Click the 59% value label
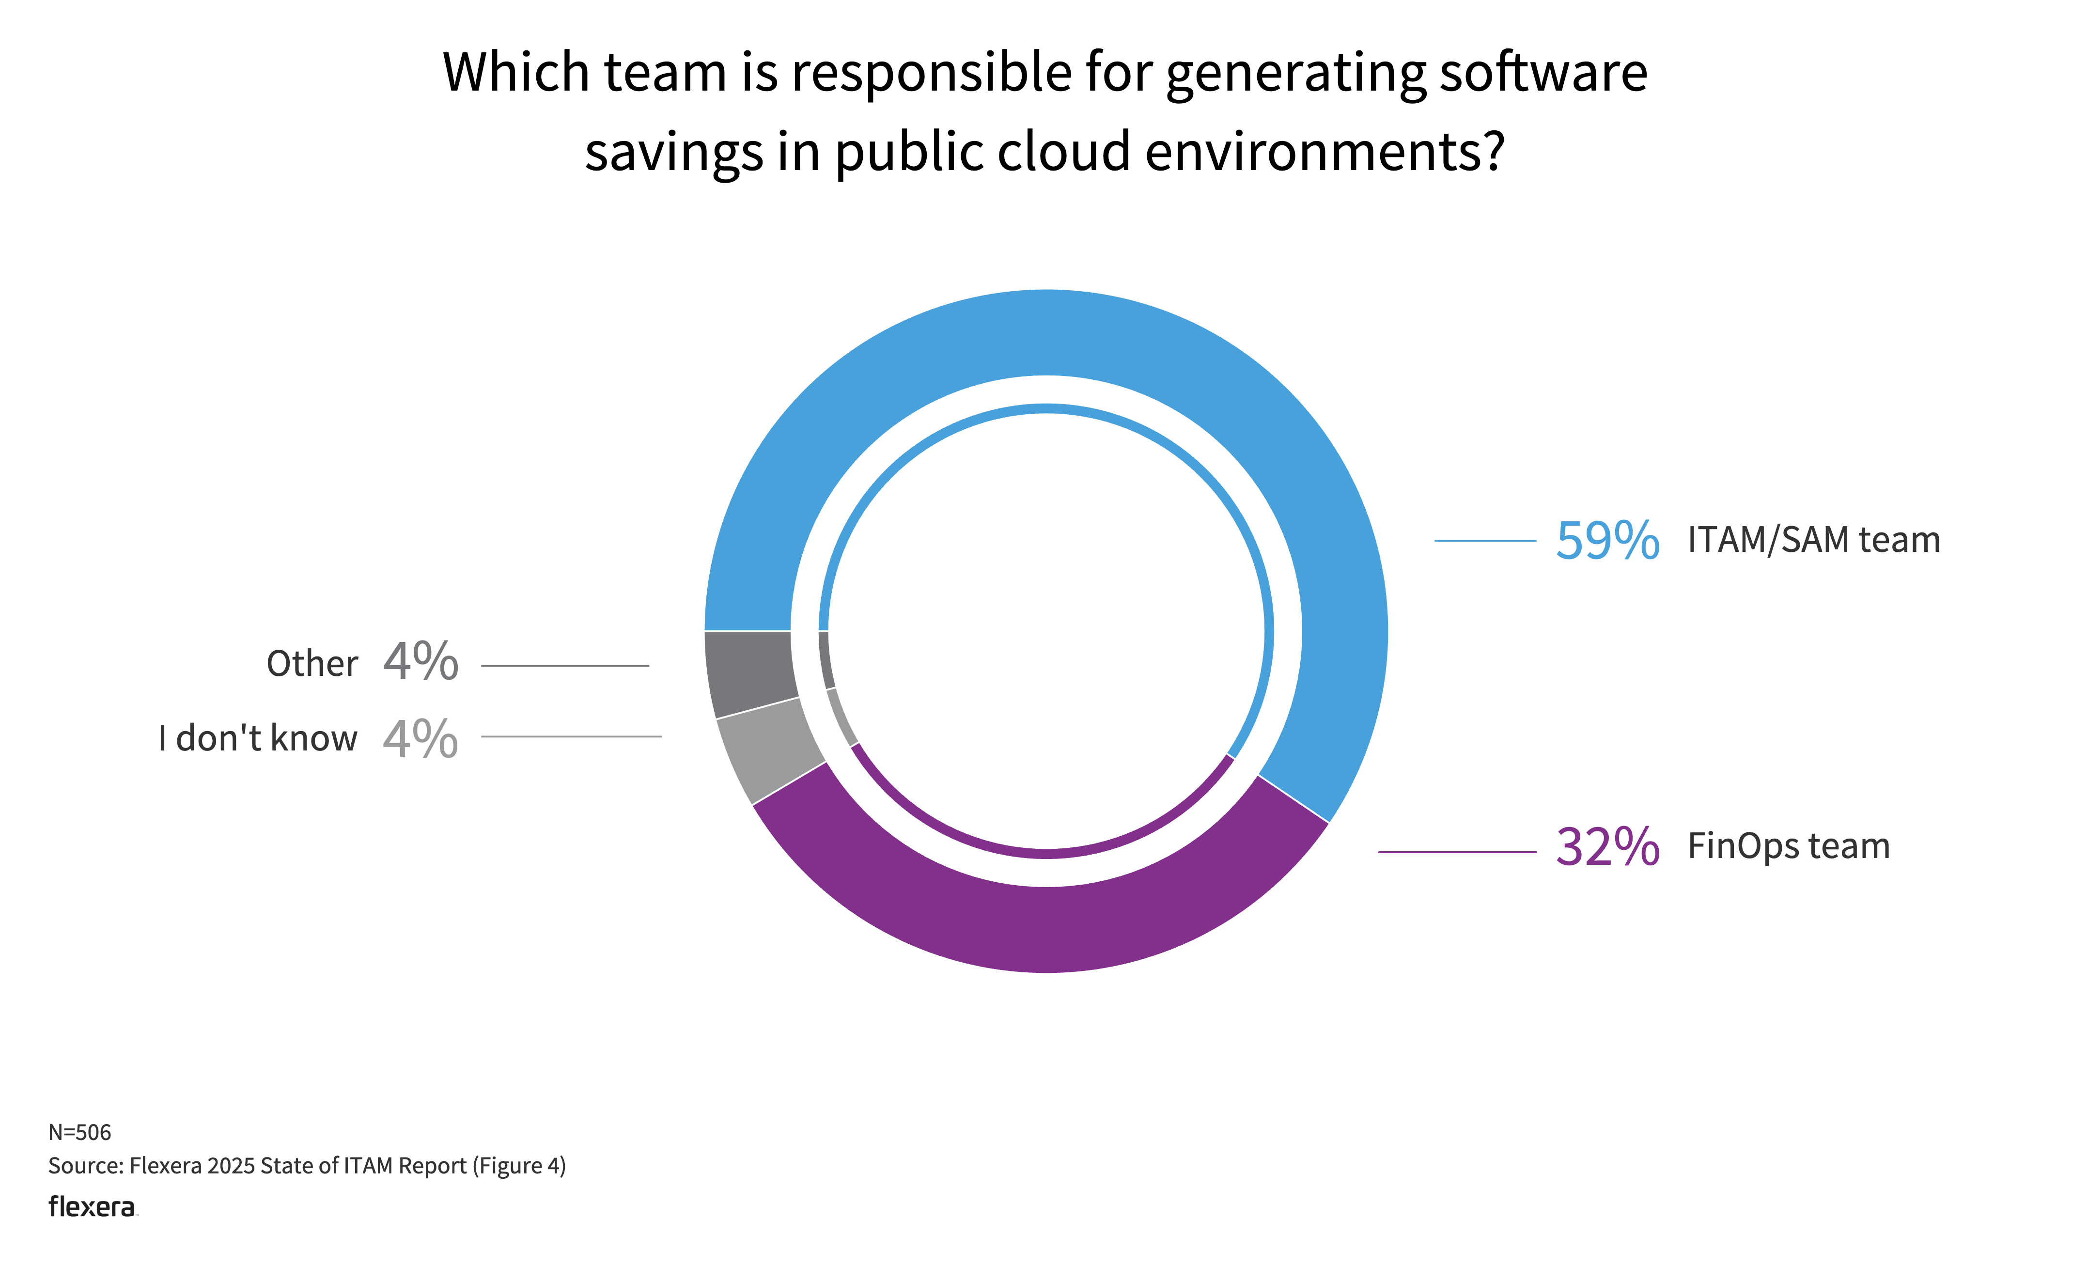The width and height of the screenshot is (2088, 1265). coord(1606,541)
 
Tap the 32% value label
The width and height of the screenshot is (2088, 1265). coord(1606,846)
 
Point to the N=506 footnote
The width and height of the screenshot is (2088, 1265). coord(79,1132)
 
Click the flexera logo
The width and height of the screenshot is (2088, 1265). coord(92,1206)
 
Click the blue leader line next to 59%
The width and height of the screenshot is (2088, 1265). coord(1485,541)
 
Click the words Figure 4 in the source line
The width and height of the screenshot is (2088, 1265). coord(519,1166)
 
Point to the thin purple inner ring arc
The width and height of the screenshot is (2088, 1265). coord(1046,853)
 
